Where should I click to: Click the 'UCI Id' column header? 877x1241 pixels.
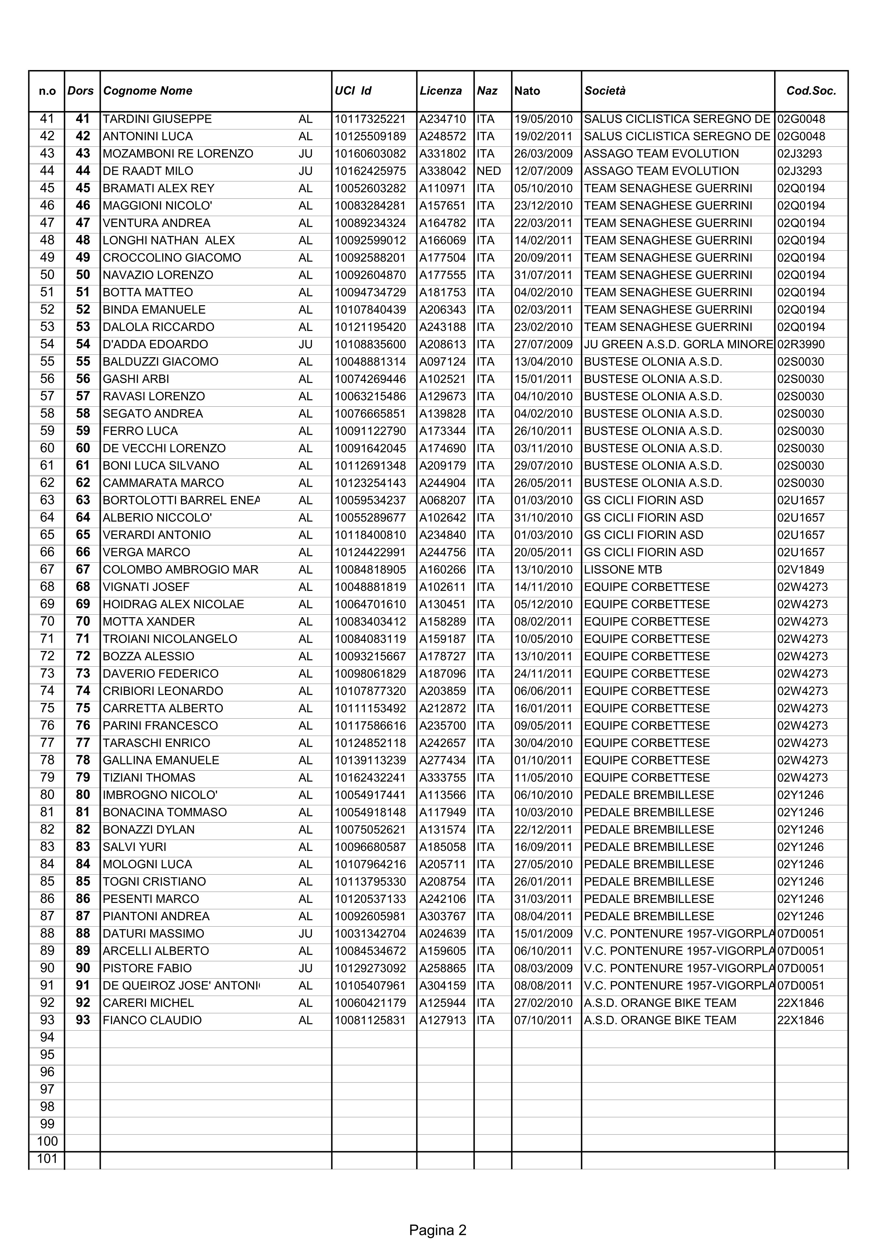pos(353,91)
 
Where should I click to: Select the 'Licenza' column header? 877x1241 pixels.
pos(440,91)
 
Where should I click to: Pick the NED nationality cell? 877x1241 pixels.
pos(489,171)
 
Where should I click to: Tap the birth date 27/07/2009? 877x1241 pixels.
pos(543,345)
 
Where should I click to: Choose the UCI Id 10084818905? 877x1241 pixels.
pos(370,570)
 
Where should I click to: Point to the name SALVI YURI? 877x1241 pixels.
pos(135,847)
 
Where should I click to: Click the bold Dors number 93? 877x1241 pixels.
pos(83,1020)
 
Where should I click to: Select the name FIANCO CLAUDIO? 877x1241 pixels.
pos(152,1020)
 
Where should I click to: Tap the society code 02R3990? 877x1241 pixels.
pos(801,345)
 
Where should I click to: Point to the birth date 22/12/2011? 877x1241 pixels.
pos(543,830)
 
